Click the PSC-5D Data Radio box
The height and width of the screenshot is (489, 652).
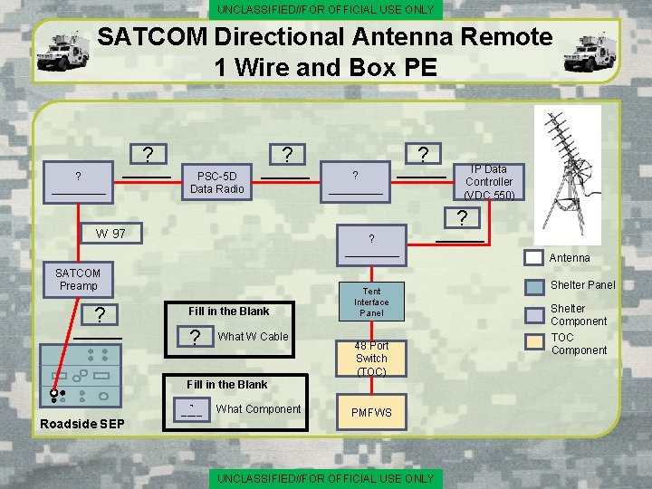point(217,182)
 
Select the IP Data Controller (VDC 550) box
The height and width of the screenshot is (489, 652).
point(488,182)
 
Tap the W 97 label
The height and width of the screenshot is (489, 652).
point(111,234)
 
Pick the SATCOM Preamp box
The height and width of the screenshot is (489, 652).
point(78,280)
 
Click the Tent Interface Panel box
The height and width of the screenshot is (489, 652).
point(371,302)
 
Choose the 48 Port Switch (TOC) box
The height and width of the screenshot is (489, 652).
point(371,359)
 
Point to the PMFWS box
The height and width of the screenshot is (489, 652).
point(371,413)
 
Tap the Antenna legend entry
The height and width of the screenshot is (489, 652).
point(569,258)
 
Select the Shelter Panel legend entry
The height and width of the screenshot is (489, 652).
point(582,284)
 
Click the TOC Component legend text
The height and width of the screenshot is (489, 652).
point(579,344)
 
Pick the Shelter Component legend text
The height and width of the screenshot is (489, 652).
point(579,315)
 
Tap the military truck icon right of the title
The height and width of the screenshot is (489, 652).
point(590,52)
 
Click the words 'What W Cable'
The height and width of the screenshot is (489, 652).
point(253,337)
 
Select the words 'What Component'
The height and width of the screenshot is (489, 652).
point(258,409)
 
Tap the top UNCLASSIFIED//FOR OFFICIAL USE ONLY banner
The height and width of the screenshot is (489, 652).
point(326,10)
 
